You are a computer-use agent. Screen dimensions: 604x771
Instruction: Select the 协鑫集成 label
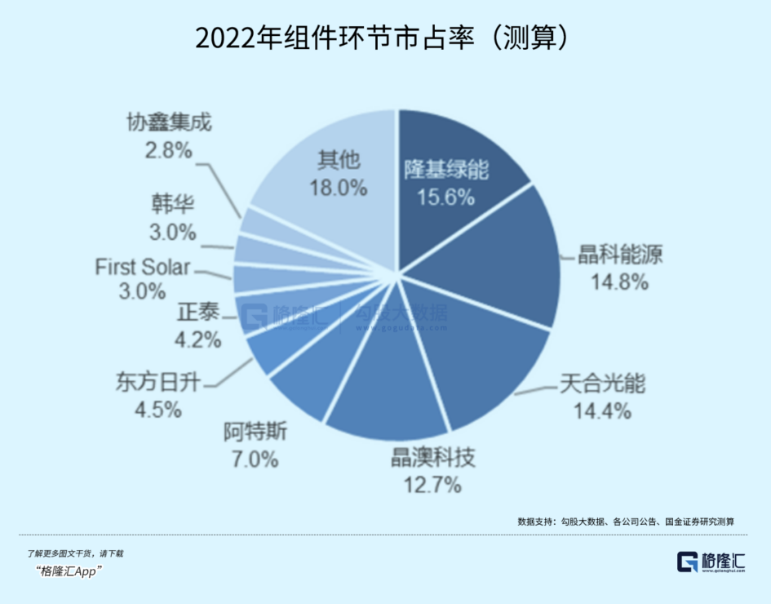169,123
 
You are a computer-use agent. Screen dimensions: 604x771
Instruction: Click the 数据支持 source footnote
626,521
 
